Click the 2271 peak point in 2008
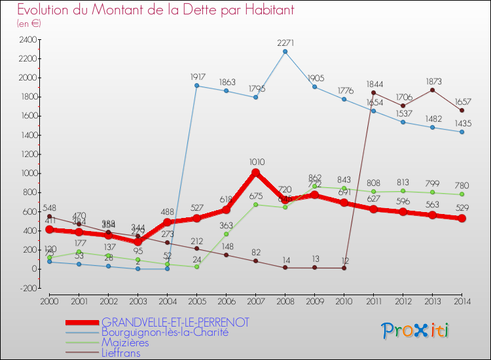tap(285, 52)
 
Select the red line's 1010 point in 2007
tap(255, 173)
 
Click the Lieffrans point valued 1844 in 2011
tap(373, 93)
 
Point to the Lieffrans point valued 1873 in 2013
tap(432, 90)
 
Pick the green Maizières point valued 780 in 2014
tap(462, 194)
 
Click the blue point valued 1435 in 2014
tap(462, 132)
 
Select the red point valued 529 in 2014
tap(462, 219)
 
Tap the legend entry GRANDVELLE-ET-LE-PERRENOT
tap(175, 323)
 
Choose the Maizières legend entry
tap(125, 342)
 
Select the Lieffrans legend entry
tap(121, 353)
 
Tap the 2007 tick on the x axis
tap(255, 300)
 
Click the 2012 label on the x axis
tap(403, 300)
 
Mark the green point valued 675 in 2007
tap(255, 204)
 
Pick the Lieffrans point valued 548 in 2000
tap(49, 217)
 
